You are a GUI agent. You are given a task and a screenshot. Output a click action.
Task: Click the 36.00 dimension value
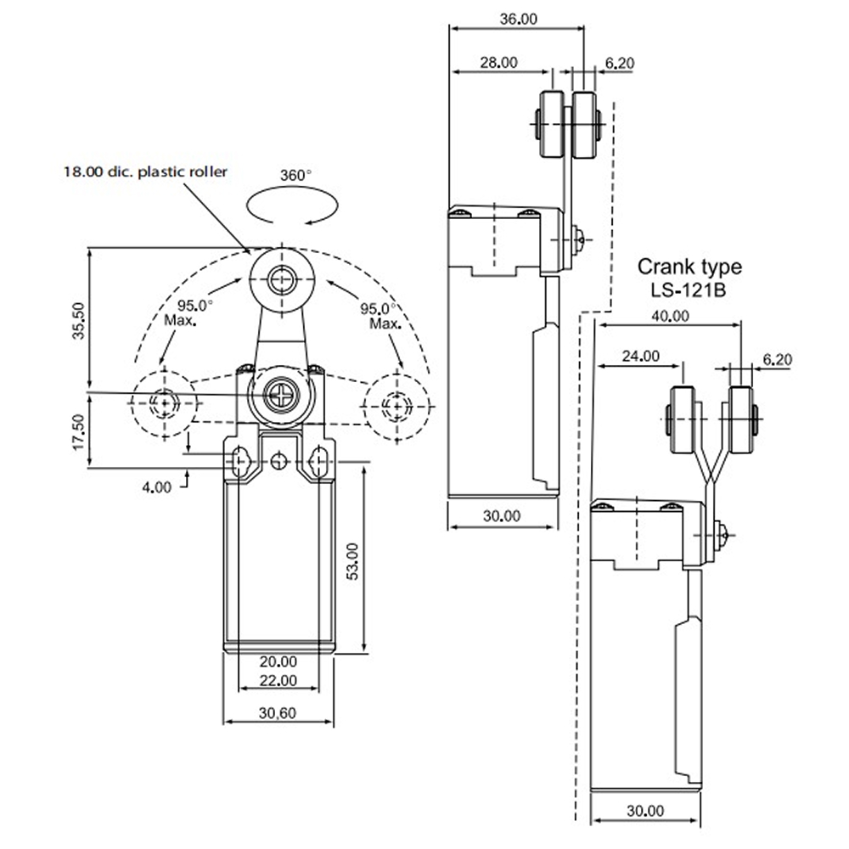pyautogui.click(x=518, y=19)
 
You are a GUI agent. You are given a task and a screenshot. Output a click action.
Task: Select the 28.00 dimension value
pyautogui.click(x=498, y=63)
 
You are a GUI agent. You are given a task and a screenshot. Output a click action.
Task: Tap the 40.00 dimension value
pyautogui.click(x=670, y=316)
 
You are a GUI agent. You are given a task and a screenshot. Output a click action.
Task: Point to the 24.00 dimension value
pyautogui.click(x=640, y=357)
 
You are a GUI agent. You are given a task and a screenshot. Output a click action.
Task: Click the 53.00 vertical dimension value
pyautogui.click(x=352, y=561)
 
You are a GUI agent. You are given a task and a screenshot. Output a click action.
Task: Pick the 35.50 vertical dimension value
pyautogui.click(x=79, y=321)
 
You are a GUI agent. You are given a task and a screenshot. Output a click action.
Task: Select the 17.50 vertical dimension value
pyautogui.click(x=79, y=431)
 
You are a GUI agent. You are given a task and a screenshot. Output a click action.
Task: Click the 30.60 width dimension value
pyautogui.click(x=278, y=713)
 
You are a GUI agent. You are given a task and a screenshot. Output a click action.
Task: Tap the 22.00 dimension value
pyautogui.click(x=278, y=681)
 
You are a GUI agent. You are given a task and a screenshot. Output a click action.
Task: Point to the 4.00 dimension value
pyautogui.click(x=156, y=487)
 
